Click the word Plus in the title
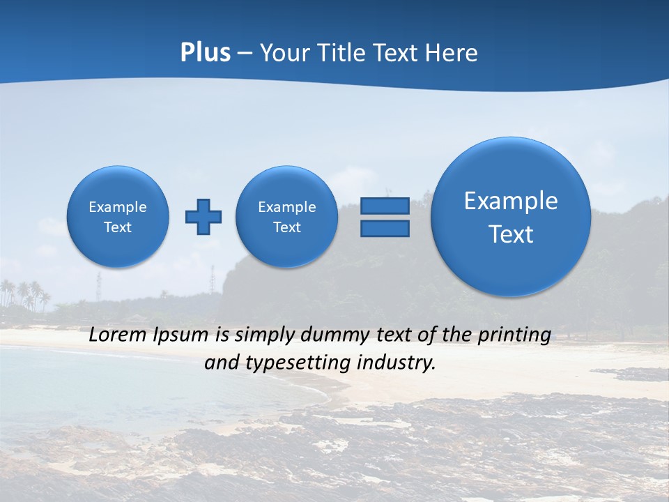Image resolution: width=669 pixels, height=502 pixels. [x=205, y=53]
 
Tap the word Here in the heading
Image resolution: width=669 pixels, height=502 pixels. [x=453, y=53]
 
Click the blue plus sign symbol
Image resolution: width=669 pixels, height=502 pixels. [x=203, y=217]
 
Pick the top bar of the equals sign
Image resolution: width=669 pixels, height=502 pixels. [x=385, y=206]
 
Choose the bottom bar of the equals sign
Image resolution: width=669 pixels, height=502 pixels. [x=385, y=228]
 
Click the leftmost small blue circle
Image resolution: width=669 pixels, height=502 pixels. [x=118, y=217]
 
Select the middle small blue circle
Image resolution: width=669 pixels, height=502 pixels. [x=287, y=217]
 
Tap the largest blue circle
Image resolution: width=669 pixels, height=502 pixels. [x=511, y=217]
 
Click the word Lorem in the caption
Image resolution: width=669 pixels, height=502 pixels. [x=118, y=335]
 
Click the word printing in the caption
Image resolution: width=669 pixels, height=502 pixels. [x=514, y=335]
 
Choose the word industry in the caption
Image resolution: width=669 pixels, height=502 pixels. [x=398, y=363]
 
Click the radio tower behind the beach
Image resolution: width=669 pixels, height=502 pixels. [x=98, y=285]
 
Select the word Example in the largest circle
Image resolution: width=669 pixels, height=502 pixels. [x=511, y=201]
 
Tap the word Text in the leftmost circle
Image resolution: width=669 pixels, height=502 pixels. [x=118, y=227]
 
